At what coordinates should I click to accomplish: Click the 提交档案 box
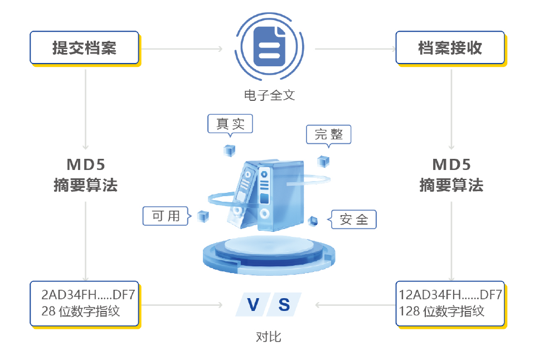(85, 48)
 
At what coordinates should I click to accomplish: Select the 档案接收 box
(450, 48)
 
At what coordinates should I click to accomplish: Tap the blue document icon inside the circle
(270, 46)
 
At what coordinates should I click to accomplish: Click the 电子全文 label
(270, 95)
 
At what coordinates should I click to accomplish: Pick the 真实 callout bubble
(230, 124)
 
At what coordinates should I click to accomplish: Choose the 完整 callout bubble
(329, 135)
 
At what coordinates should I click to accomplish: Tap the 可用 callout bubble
(167, 216)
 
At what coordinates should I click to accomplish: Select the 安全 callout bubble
(353, 220)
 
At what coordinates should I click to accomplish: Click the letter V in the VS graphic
(253, 305)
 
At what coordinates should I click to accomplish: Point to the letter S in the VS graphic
(284, 305)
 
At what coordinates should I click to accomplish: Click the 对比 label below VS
(269, 337)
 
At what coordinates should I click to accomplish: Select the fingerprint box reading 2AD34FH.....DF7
(85, 304)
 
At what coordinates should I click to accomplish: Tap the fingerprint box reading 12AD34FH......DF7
(450, 304)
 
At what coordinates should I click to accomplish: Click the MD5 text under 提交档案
(86, 164)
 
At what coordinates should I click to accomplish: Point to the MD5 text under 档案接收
(451, 164)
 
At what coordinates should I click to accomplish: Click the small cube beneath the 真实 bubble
(230, 150)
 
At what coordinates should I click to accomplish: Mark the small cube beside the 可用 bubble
(203, 216)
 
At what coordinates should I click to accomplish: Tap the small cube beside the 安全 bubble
(313, 221)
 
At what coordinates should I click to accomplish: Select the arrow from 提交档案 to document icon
(182, 49)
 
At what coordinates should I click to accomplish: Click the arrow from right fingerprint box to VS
(356, 305)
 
